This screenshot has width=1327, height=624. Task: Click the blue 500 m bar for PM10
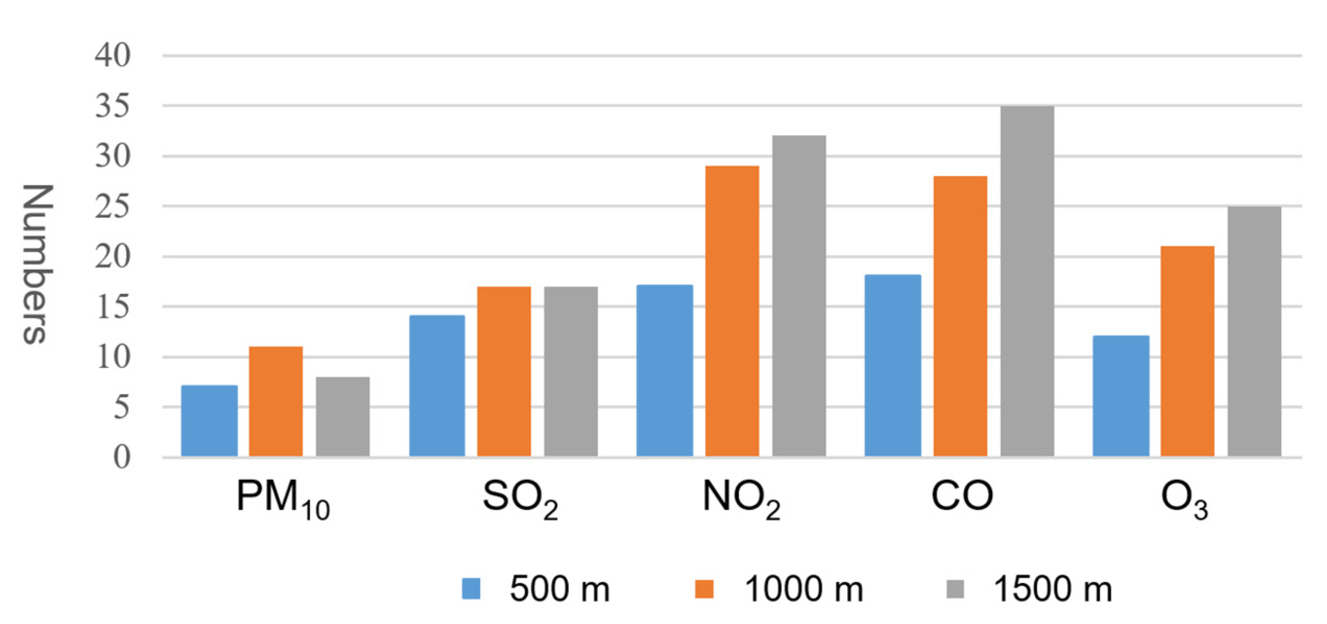pyautogui.click(x=209, y=421)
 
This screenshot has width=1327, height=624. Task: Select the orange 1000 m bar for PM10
pyautogui.click(x=275, y=402)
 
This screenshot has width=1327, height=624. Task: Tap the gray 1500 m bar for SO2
pyautogui.click(x=571, y=371)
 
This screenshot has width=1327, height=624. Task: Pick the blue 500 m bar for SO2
pyautogui.click(x=437, y=386)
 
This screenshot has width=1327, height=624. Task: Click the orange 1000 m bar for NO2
pyautogui.click(x=732, y=311)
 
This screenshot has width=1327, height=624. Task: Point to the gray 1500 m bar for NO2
pyautogui.click(x=799, y=296)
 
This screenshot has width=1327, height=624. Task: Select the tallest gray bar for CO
pyautogui.click(x=1027, y=282)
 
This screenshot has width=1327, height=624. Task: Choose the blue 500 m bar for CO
pyautogui.click(x=892, y=366)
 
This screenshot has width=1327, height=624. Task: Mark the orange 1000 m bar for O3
pyautogui.click(x=1187, y=352)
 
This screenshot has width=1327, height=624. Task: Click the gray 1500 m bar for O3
pyautogui.click(x=1254, y=332)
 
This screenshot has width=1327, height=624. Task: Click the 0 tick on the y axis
pyautogui.click(x=122, y=458)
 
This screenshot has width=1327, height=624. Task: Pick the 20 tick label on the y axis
pyautogui.click(x=112, y=257)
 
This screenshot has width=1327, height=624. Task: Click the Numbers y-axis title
pyautogui.click(x=38, y=263)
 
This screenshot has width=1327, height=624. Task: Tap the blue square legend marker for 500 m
pyautogui.click(x=471, y=589)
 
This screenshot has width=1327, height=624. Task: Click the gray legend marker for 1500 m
pyautogui.click(x=955, y=589)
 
